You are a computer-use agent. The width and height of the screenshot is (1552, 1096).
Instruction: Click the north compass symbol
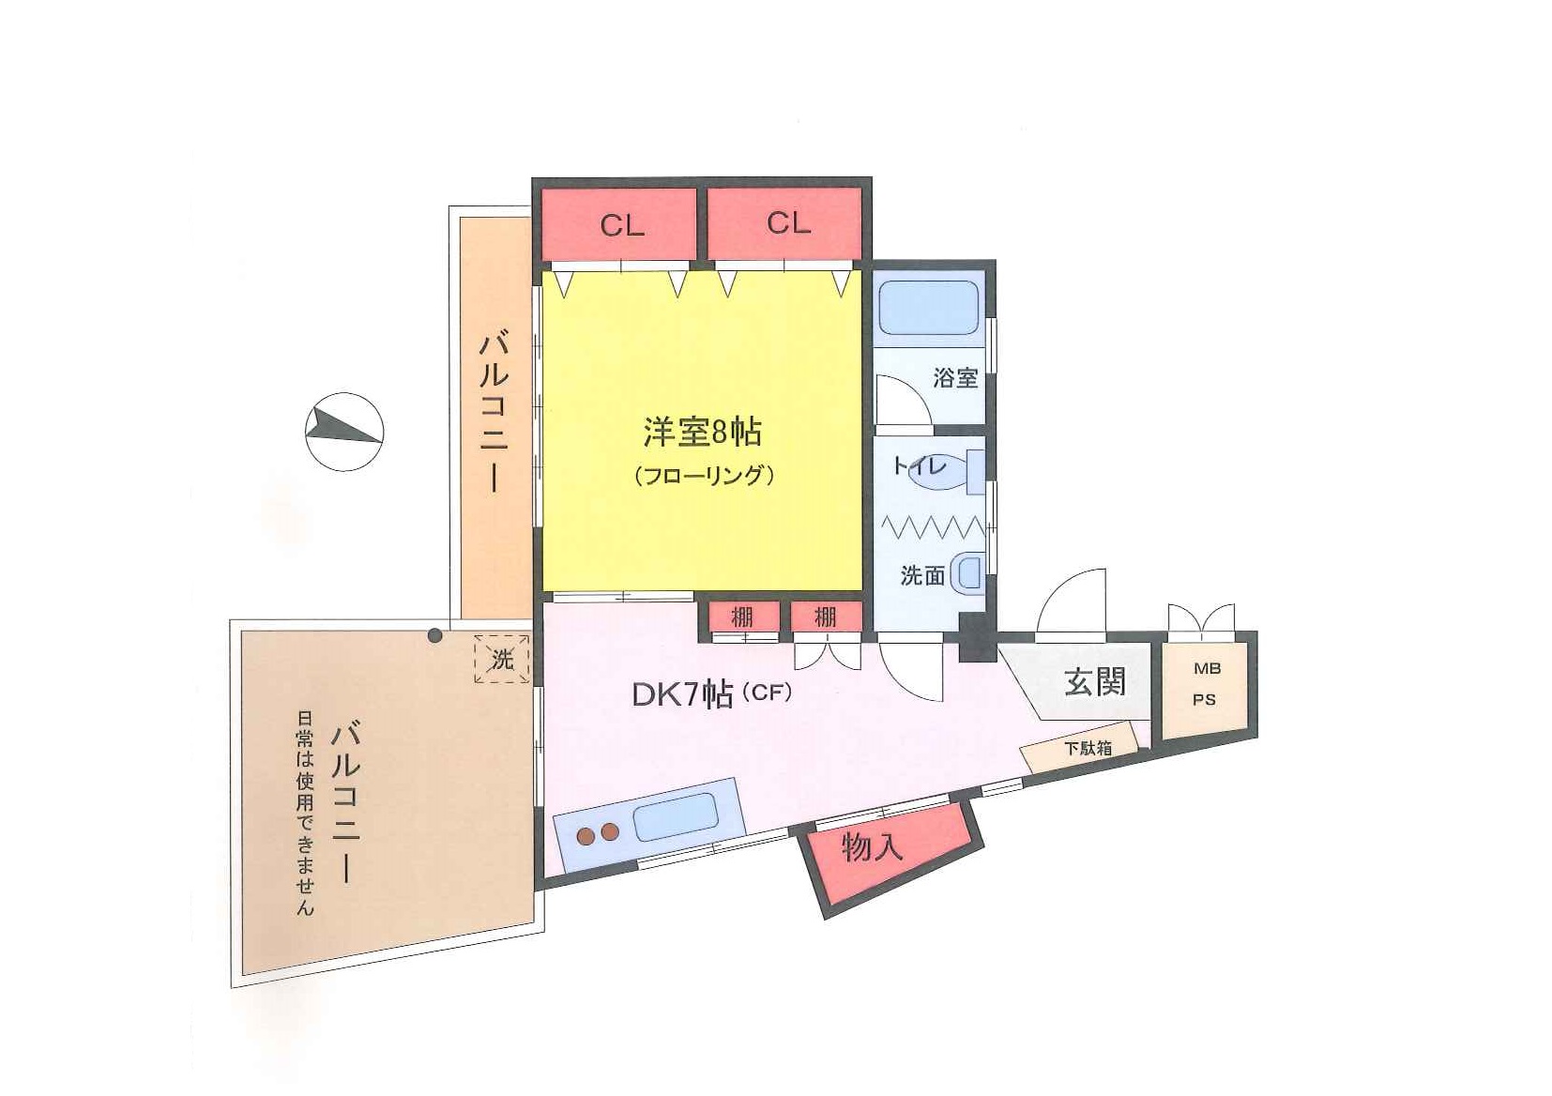coord(344,431)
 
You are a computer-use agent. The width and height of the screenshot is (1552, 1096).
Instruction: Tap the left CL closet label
coord(622,225)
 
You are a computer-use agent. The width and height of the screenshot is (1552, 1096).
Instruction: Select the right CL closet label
coord(788,222)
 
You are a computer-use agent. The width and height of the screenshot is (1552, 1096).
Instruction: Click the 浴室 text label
coord(955,378)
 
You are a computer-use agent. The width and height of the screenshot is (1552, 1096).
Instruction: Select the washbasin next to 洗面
coord(967,574)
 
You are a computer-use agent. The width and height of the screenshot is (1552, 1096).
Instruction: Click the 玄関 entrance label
coord(1095,681)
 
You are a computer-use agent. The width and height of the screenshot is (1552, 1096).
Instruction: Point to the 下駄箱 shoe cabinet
coord(1087,749)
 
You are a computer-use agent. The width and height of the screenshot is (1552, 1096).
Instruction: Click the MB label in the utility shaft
coord(1207,669)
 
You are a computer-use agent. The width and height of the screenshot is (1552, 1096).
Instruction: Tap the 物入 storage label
coord(872,847)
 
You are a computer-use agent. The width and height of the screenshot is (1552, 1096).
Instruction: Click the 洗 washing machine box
coord(502,660)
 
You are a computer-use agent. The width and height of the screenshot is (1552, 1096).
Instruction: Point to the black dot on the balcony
coord(434,635)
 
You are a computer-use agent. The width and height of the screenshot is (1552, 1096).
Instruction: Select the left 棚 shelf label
coord(742,617)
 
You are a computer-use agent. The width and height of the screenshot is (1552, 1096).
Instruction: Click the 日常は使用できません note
coord(305,814)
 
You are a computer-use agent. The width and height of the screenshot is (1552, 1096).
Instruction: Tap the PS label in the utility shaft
coord(1205,699)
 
